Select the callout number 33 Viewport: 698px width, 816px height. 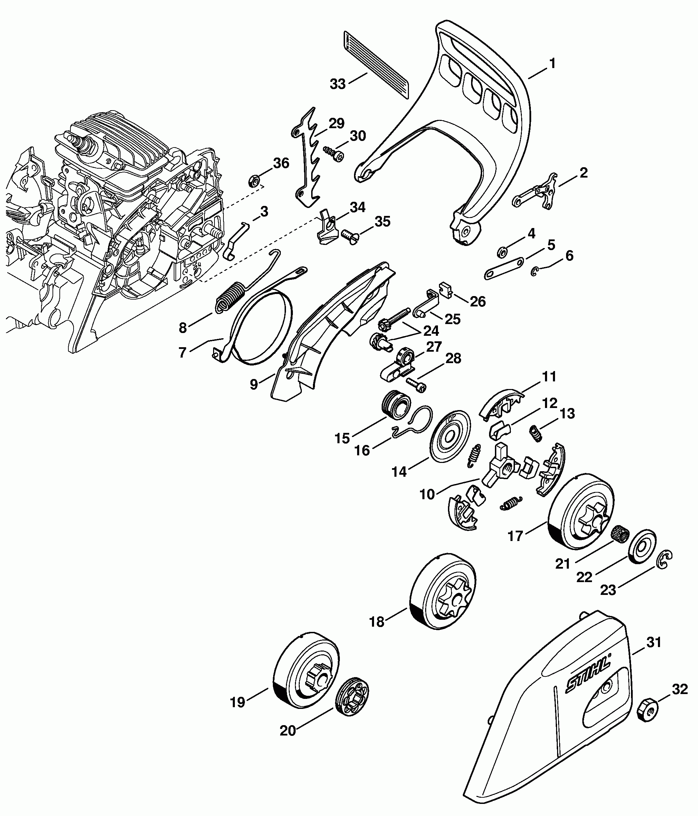(x=337, y=84)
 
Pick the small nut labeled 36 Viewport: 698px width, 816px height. (x=254, y=181)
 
